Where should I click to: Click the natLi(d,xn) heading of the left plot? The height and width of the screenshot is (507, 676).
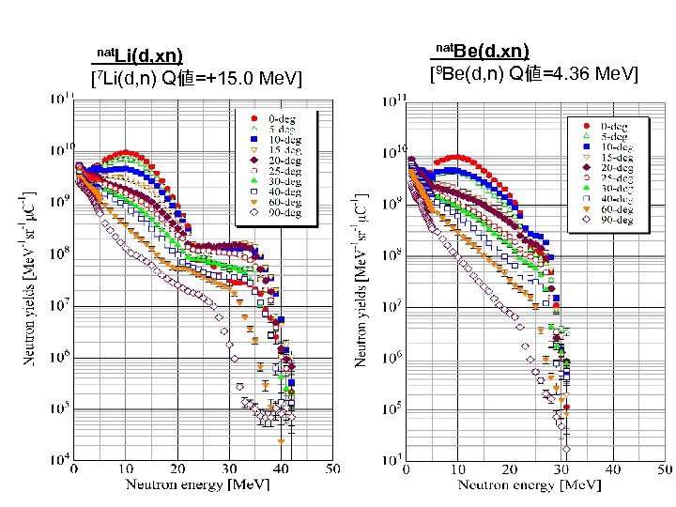point(141,57)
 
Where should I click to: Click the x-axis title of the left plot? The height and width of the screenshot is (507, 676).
point(199,484)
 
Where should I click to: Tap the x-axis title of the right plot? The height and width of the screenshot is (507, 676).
point(530,485)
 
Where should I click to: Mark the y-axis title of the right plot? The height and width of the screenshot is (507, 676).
point(361,278)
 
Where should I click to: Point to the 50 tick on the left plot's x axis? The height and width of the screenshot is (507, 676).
point(333,469)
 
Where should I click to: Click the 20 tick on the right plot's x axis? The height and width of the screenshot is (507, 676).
point(509,469)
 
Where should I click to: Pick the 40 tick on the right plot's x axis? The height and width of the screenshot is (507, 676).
point(613,469)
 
